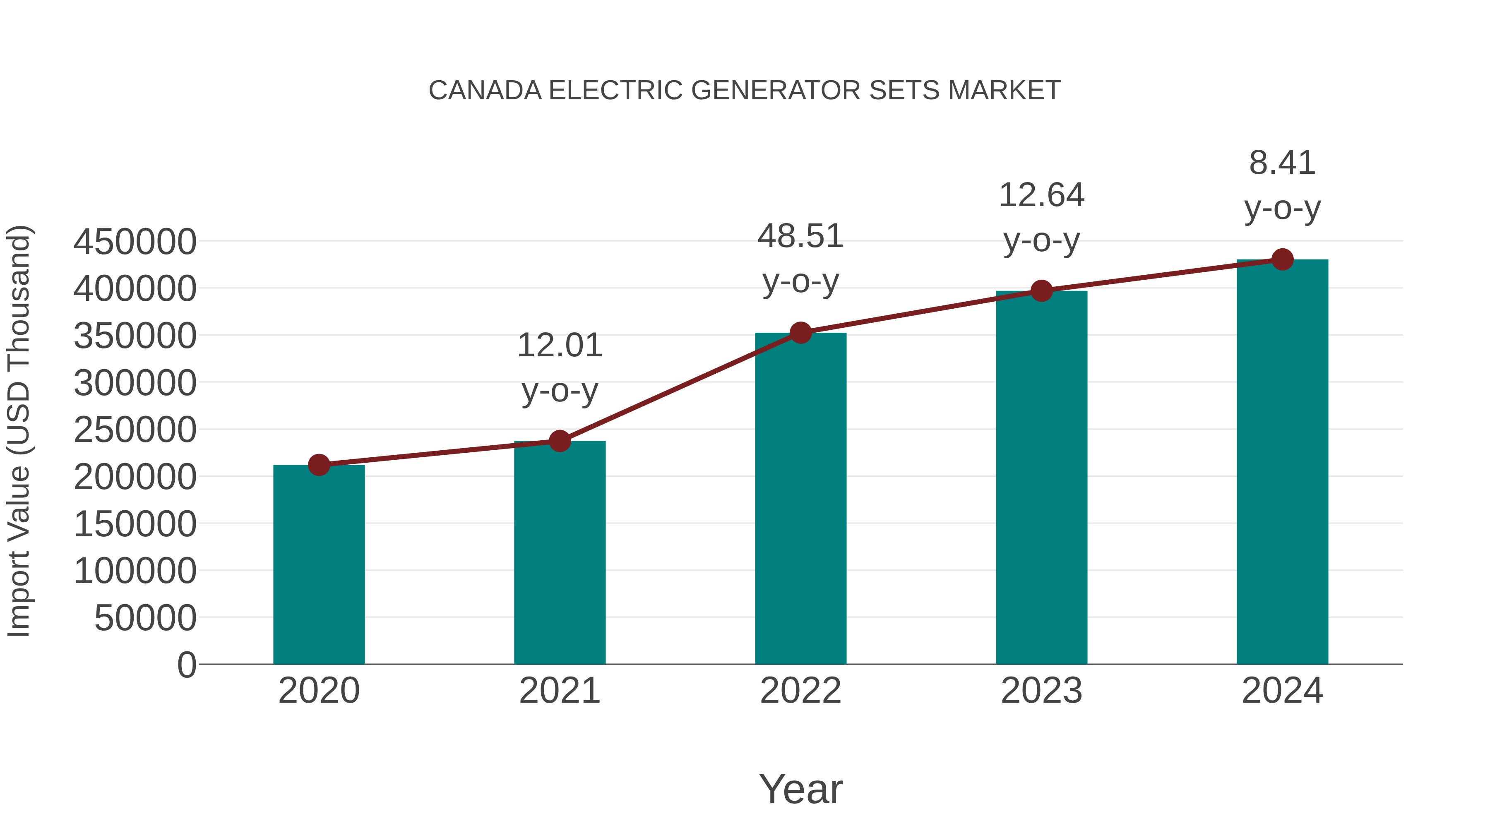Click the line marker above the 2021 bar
559,441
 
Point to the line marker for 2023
1041,291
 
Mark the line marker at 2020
319,465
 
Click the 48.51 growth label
800,237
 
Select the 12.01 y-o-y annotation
559,346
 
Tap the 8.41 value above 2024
1282,163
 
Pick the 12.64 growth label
1041,195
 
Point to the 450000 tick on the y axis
135,242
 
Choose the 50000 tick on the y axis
145,618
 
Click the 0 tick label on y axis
186,665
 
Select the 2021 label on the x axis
559,691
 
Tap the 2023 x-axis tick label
1041,691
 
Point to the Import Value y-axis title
19,431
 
